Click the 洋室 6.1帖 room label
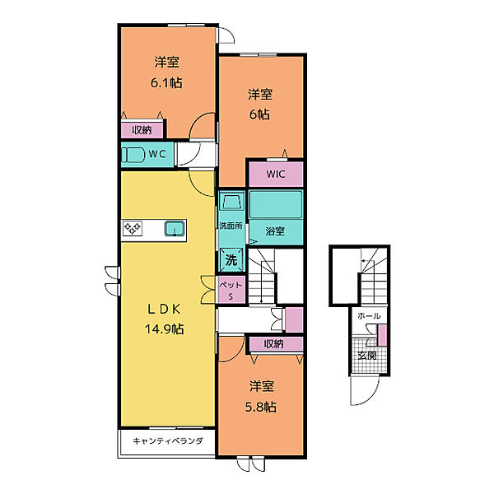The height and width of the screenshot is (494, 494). pyautogui.click(x=166, y=72)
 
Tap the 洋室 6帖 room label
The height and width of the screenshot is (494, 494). pyautogui.click(x=260, y=105)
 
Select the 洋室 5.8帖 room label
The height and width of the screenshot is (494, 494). pyautogui.click(x=261, y=396)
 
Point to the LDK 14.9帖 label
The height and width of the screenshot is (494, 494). pyautogui.click(x=164, y=319)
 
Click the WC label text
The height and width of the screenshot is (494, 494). pyautogui.click(x=157, y=154)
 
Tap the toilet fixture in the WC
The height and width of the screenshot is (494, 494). pyautogui.click(x=133, y=155)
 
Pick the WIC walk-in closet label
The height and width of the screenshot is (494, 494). pyautogui.click(x=276, y=174)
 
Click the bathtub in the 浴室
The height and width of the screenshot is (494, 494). pyautogui.click(x=276, y=204)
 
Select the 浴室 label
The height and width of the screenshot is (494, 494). pyautogui.click(x=275, y=231)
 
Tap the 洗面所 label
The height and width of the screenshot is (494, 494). pyautogui.click(x=231, y=226)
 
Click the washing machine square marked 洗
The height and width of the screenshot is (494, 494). pyautogui.click(x=231, y=260)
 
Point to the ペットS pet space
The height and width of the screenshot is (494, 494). pyautogui.click(x=231, y=290)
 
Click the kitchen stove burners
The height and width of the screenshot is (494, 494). pyautogui.click(x=133, y=228)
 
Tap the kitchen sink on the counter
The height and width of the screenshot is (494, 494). pyautogui.click(x=175, y=228)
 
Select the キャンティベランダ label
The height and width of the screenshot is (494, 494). pyautogui.click(x=168, y=440)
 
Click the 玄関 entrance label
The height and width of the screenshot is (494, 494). pyautogui.click(x=367, y=356)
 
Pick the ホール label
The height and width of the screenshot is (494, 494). pyautogui.click(x=369, y=315)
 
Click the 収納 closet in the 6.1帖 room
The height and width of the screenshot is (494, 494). pyautogui.click(x=142, y=130)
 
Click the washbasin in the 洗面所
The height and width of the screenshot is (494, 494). pyautogui.click(x=231, y=202)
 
